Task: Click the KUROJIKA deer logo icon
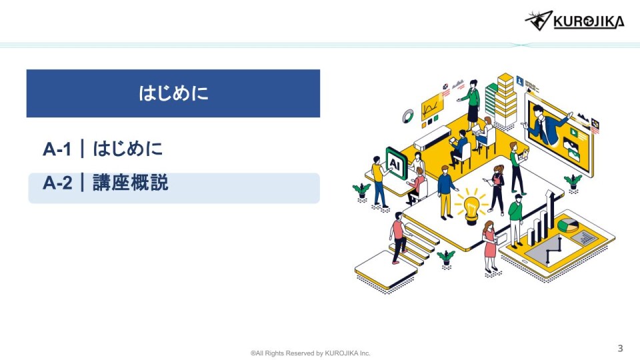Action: pyautogui.click(x=539, y=21)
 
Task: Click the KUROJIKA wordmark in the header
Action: pyautogui.click(x=589, y=21)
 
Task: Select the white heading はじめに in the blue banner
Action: pyautogui.click(x=173, y=93)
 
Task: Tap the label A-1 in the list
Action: pyautogui.click(x=57, y=149)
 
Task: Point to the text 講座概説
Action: pyautogui.click(x=131, y=183)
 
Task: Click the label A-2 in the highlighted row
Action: pyautogui.click(x=57, y=183)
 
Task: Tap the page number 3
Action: pyautogui.click(x=621, y=348)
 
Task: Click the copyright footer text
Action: pyautogui.click(x=310, y=353)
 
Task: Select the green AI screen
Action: pyautogui.click(x=396, y=164)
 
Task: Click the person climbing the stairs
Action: pyautogui.click(x=398, y=237)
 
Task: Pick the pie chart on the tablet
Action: pyautogui.click(x=568, y=225)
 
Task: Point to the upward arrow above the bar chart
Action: pyautogui.click(x=551, y=208)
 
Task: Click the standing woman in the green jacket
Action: pyautogui.click(x=471, y=102)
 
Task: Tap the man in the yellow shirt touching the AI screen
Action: pyautogui.click(x=379, y=181)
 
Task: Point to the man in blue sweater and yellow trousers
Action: pyautogui.click(x=446, y=192)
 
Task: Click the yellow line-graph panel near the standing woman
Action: pyautogui.click(x=432, y=107)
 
